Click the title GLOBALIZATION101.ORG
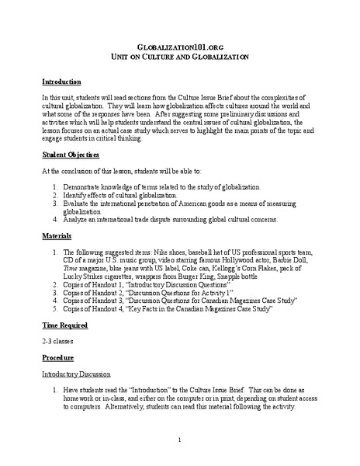(179, 46)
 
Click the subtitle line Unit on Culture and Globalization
(179, 57)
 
